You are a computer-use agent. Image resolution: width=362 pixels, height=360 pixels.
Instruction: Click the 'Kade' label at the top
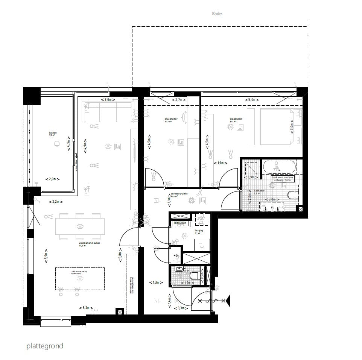pos(217,14)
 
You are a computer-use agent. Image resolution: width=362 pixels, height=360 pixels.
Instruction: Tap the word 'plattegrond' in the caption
pos(45,346)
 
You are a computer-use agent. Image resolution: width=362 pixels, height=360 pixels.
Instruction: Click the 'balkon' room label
pos(53,133)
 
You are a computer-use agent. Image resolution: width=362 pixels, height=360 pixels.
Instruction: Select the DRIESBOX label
pos(180,223)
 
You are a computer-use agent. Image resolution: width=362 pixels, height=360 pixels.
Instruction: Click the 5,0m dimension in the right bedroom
pos(252,100)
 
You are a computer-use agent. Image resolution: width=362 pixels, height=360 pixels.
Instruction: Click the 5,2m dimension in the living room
pos(86,308)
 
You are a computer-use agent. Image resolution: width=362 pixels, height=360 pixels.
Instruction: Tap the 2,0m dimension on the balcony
pos(53,179)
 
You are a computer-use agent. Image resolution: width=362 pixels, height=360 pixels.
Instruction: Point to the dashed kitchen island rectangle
pos(80,278)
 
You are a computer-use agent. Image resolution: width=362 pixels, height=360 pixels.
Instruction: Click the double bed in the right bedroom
pos(280,127)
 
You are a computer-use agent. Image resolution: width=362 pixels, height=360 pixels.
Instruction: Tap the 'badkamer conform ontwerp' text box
pos(283,179)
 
